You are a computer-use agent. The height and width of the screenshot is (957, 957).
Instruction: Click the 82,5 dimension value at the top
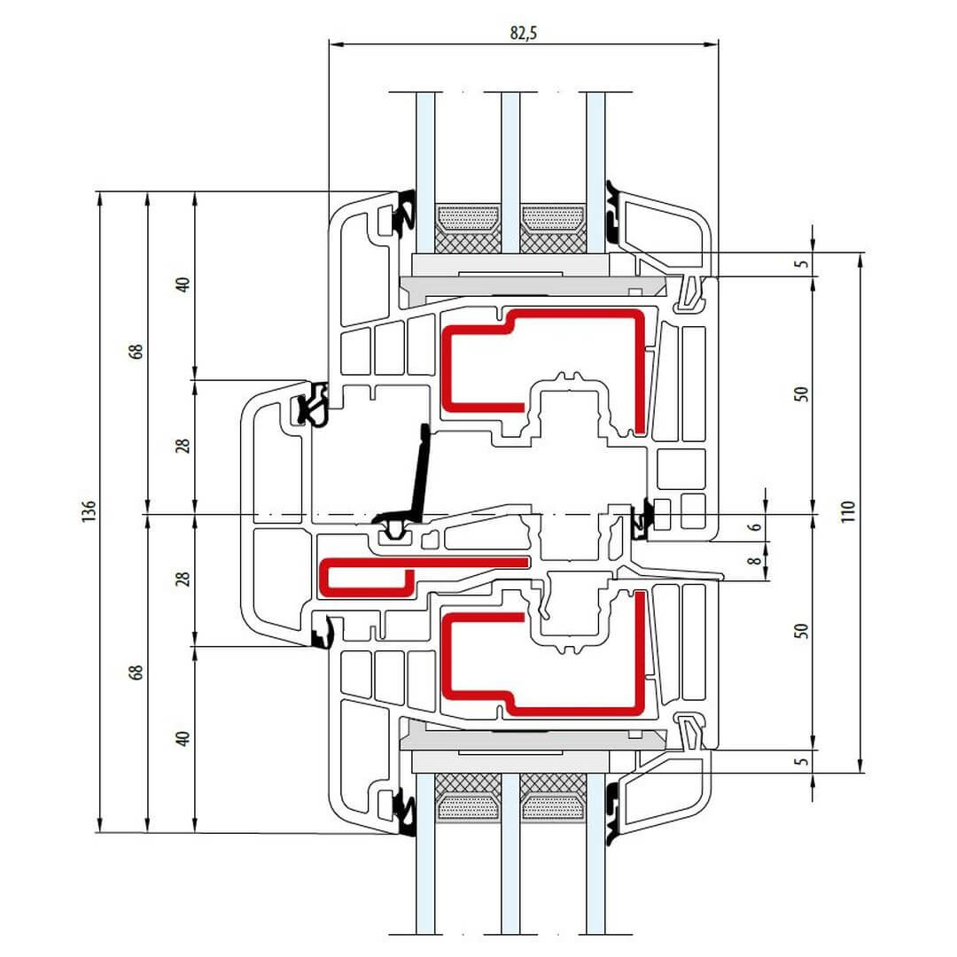(x=524, y=33)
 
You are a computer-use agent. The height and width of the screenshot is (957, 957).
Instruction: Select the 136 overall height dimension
(x=88, y=512)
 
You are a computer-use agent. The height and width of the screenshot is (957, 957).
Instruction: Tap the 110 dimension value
(x=848, y=512)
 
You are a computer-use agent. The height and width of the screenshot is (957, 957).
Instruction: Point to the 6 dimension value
(x=754, y=526)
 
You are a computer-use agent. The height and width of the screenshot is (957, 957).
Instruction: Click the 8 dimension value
(x=754, y=560)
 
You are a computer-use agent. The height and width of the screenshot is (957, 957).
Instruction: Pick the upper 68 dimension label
(x=136, y=351)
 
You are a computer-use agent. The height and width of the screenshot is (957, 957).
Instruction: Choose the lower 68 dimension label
(x=136, y=673)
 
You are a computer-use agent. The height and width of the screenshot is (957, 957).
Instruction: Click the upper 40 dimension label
(x=183, y=285)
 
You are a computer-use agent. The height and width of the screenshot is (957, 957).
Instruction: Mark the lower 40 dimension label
(x=183, y=738)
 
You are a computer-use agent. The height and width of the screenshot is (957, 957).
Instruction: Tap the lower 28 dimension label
(x=183, y=580)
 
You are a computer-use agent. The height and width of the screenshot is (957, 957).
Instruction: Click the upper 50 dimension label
(x=801, y=394)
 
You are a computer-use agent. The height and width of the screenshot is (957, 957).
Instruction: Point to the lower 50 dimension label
(x=801, y=631)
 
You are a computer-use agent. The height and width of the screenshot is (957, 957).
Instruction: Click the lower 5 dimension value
(x=801, y=761)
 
